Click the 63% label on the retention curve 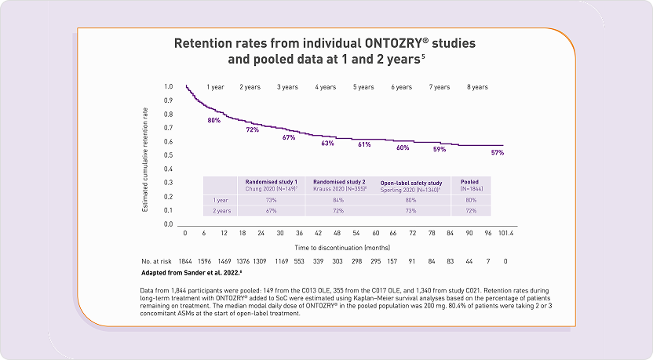click(x=327, y=144)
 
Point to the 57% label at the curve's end click(x=497, y=152)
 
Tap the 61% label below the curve click(x=364, y=144)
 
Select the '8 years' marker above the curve click(x=477, y=87)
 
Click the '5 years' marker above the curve click(x=363, y=87)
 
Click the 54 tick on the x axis click(x=356, y=233)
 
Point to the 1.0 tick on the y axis click(x=168, y=86)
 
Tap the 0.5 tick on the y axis click(x=168, y=155)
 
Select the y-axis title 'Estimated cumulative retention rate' click(x=146, y=155)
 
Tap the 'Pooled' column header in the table click(x=470, y=181)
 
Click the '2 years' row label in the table click(x=221, y=211)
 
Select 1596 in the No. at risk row click(x=204, y=260)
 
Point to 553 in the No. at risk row click(x=299, y=260)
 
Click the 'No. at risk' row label click(x=157, y=260)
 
